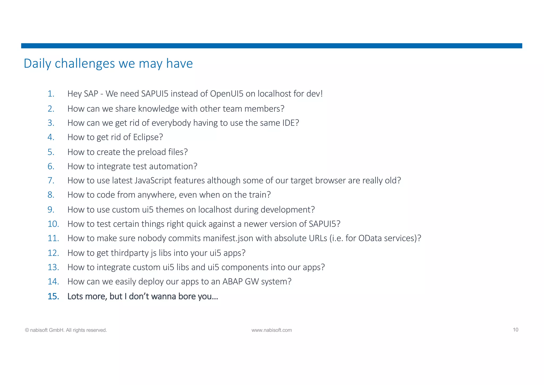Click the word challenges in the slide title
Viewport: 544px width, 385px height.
tap(85, 64)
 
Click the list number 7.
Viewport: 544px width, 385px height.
tap(51, 181)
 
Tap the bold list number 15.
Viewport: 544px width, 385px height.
tap(53, 296)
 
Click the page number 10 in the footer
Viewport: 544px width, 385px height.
tap(515, 330)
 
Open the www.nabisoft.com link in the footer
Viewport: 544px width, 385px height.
tap(271, 330)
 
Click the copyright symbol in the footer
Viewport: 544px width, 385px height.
tap(27, 330)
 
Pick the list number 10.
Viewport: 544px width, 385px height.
tap(53, 224)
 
